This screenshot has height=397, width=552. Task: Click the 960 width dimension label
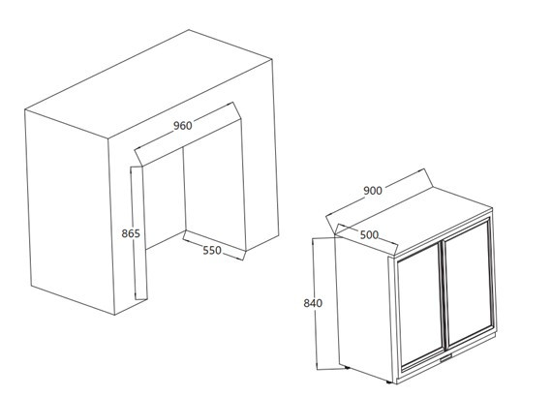[183, 125]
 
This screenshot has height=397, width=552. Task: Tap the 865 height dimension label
[131, 233]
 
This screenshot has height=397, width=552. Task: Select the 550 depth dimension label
[212, 250]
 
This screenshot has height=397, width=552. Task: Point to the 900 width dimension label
[373, 191]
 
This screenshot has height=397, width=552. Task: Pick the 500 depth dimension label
[369, 234]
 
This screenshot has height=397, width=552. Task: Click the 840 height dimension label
[313, 303]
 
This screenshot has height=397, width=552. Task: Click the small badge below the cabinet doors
[445, 358]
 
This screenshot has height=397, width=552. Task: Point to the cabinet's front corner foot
[388, 382]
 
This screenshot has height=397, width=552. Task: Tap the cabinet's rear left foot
[348, 367]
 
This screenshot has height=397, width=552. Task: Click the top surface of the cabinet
[414, 221]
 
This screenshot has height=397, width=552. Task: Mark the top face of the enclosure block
[148, 84]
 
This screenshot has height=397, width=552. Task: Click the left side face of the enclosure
[69, 211]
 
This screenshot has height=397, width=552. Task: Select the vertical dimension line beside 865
[132, 233]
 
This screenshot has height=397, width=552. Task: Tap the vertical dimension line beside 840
[314, 304]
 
